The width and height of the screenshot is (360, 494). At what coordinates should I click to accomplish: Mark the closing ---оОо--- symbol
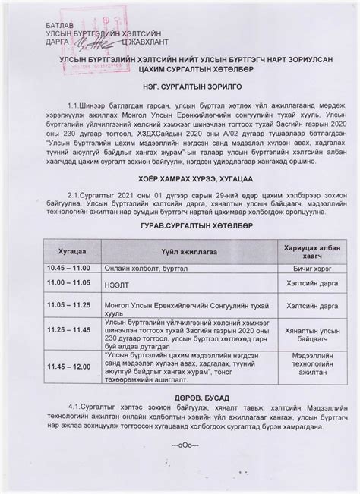click(179, 443)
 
